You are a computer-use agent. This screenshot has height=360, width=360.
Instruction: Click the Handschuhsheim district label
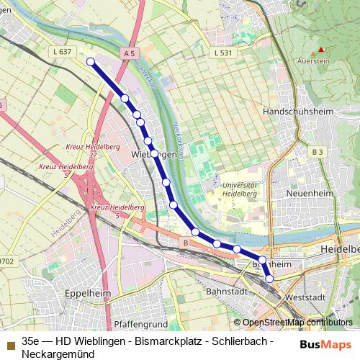tap(297, 114)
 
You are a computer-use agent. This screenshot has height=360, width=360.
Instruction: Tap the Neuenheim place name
tap(307, 194)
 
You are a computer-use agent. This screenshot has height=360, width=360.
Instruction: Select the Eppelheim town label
tap(86, 294)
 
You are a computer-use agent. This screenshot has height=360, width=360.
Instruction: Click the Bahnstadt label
tap(228, 292)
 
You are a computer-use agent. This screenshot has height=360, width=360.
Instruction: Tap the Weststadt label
tap(306, 297)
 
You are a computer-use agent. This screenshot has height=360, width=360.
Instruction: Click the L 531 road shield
tap(225, 53)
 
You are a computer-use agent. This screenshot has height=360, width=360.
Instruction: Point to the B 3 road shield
tap(318, 152)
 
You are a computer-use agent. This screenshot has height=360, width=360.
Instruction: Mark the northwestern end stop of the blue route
tap(91, 62)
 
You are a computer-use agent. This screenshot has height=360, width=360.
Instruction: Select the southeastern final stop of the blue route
tap(269, 278)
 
